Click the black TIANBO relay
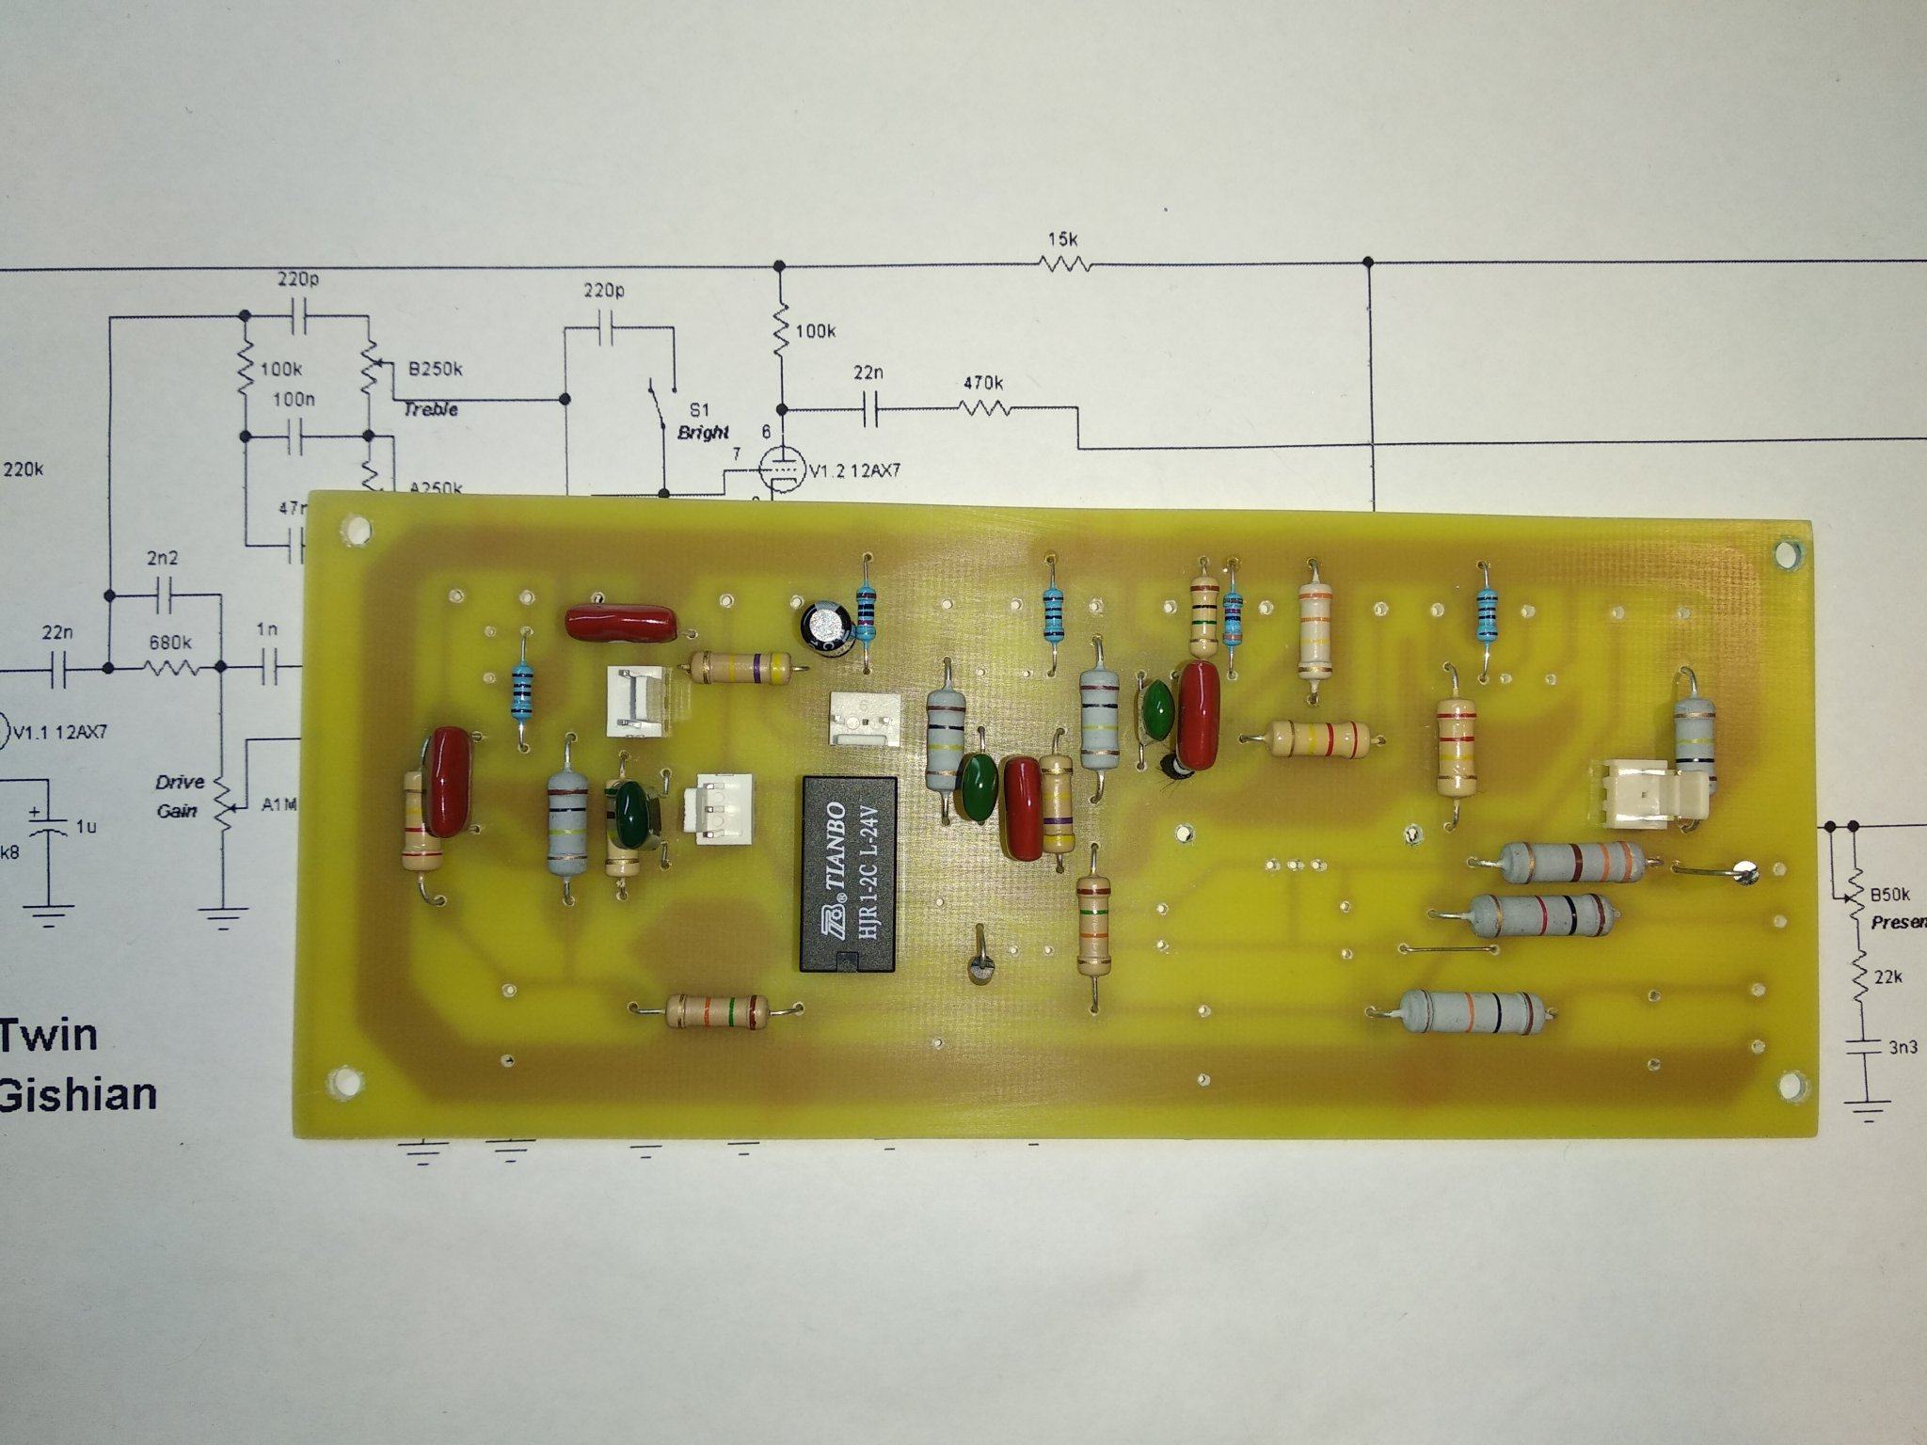847,874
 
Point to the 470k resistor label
983,384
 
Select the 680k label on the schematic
170,643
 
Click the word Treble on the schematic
431,409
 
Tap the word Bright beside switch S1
703,433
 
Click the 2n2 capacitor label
162,558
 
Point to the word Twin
49,1035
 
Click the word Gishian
77,1095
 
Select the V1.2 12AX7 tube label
854,470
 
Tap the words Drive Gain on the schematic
179,796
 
